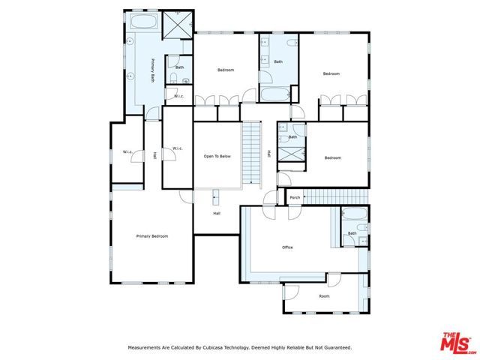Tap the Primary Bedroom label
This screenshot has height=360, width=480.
[x=151, y=236]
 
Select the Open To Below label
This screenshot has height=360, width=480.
[x=217, y=156]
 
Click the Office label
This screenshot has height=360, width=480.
[x=287, y=247]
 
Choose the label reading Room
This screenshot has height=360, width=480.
[x=324, y=295]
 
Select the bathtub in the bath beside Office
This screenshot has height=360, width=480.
[x=352, y=219]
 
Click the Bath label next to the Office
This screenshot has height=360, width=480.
[x=352, y=233]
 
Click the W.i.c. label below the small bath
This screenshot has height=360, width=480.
[x=179, y=96]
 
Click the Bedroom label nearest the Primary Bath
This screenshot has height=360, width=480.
[x=226, y=70]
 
